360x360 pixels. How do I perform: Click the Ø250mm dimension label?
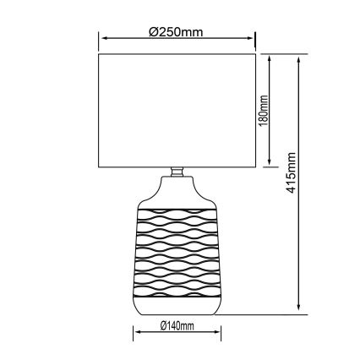point(176,32)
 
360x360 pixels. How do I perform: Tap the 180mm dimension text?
point(264,111)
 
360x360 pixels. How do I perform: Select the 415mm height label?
point(292,175)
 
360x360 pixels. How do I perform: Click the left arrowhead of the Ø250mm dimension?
point(102,39)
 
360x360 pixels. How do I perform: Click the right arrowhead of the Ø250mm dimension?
point(253,39)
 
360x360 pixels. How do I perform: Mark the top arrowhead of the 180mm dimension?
point(270,59)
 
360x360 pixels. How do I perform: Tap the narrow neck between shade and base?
point(177,172)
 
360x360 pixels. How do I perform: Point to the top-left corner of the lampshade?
point(100,55)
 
